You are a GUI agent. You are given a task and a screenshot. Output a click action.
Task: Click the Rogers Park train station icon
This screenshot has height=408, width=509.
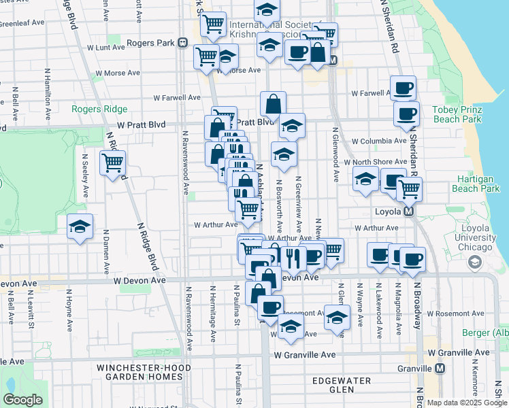182,43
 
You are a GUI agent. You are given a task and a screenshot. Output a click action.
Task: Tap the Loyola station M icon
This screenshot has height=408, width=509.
409,211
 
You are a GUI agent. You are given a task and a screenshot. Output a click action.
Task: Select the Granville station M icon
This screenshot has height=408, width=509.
440,368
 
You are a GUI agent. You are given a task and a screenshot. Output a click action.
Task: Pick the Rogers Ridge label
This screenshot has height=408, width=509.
99,109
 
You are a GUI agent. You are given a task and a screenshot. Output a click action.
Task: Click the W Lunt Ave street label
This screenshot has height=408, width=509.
106,48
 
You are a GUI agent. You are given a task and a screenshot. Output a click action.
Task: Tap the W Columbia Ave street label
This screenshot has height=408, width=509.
378,141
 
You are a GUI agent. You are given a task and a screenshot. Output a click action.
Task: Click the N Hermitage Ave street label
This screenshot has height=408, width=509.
213,313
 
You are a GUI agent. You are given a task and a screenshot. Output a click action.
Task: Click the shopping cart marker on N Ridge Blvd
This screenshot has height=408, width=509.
112,163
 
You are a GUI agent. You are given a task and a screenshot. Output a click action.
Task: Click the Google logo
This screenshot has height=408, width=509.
22,400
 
